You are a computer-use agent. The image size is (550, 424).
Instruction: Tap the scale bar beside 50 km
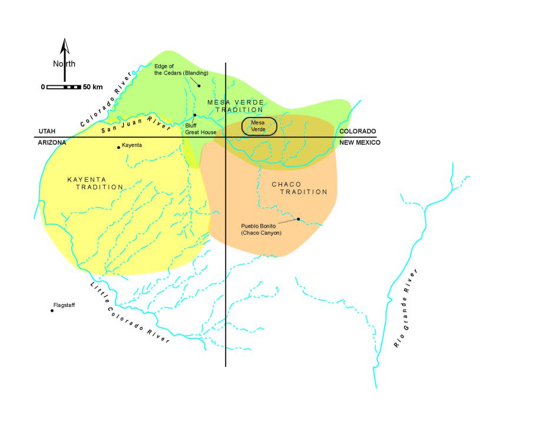tap(64, 87)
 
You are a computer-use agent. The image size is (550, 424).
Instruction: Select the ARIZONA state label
tap(52, 143)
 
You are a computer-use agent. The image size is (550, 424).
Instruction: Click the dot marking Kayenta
tap(118, 148)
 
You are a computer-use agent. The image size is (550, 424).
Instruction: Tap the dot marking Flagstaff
tap(52, 311)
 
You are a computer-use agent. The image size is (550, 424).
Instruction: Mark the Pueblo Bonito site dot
tap(298, 219)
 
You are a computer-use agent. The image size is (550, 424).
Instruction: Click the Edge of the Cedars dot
tap(199, 86)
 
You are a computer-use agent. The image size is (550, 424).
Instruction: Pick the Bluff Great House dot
tap(194, 115)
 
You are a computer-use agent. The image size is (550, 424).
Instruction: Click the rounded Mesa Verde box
tap(259, 126)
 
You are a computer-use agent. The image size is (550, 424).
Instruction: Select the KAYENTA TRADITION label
tap(95, 183)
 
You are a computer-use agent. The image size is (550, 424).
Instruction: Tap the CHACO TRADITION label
tap(299, 188)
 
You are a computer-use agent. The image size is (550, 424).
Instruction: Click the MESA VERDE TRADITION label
tap(236, 106)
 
